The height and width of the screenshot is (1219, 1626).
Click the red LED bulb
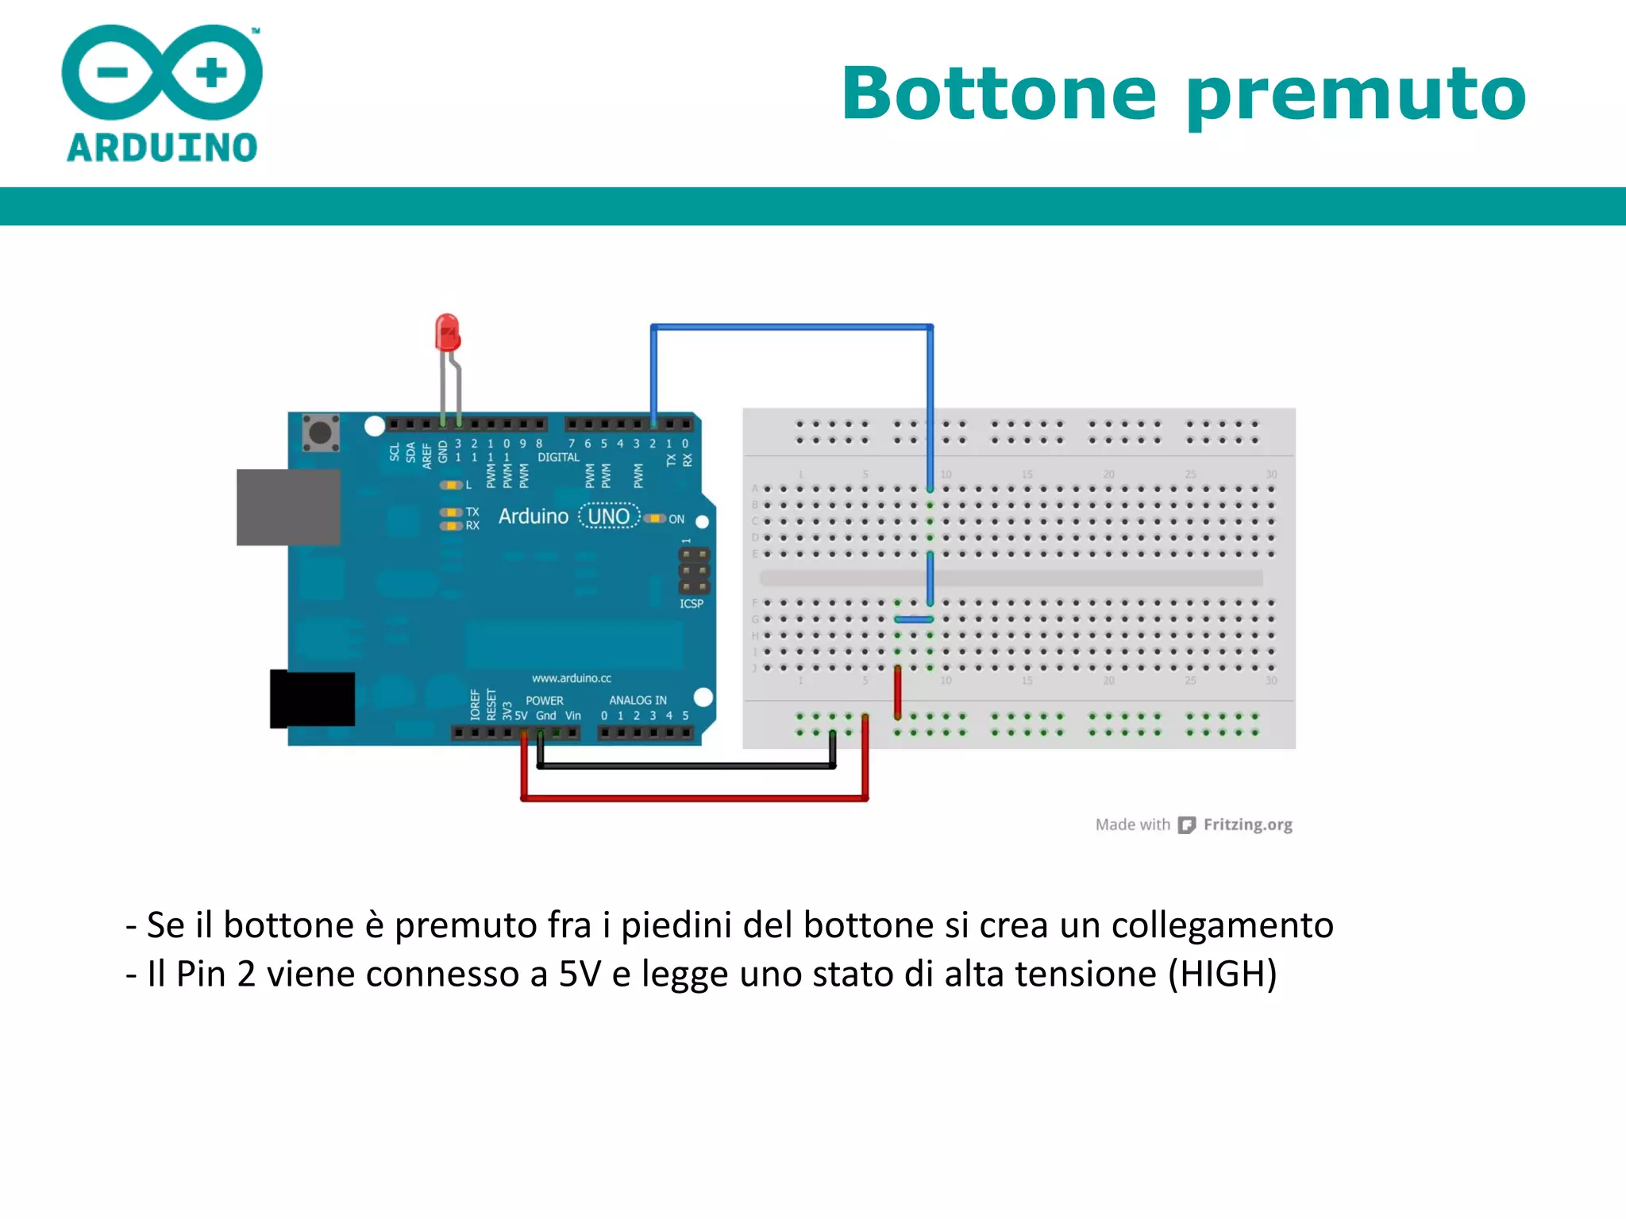[447, 333]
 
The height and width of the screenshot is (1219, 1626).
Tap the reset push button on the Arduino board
[321, 433]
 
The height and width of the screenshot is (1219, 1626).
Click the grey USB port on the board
[288, 507]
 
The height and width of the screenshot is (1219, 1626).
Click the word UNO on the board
[609, 517]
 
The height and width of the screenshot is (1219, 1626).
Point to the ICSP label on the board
[692, 604]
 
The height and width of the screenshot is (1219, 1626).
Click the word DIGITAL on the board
[558, 458]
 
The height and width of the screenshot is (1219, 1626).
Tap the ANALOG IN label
[638, 700]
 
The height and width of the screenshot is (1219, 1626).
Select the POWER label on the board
[544, 701]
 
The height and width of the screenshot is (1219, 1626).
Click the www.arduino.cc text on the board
[572, 679]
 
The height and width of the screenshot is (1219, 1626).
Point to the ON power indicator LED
[654, 519]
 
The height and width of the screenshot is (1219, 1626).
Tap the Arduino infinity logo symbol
[162, 73]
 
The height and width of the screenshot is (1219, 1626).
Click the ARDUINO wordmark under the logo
[162, 148]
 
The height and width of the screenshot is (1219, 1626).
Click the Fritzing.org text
[1247, 825]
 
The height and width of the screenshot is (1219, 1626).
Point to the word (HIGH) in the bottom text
[1222, 974]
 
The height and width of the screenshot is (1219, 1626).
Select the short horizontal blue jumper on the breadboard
[914, 620]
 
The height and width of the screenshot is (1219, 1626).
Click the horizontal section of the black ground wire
[686, 767]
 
